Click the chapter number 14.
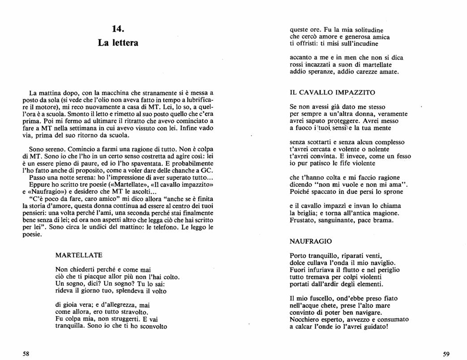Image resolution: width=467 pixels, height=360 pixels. click(118, 29)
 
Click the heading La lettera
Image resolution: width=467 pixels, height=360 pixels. click(118, 43)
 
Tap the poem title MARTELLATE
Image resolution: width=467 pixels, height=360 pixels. click(79, 255)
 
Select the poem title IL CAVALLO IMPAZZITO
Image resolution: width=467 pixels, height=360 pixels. click(332, 93)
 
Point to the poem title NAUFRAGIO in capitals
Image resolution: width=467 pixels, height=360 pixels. click(311, 241)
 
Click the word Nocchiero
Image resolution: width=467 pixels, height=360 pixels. click(305, 320)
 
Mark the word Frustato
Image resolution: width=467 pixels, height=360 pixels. click(304, 220)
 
